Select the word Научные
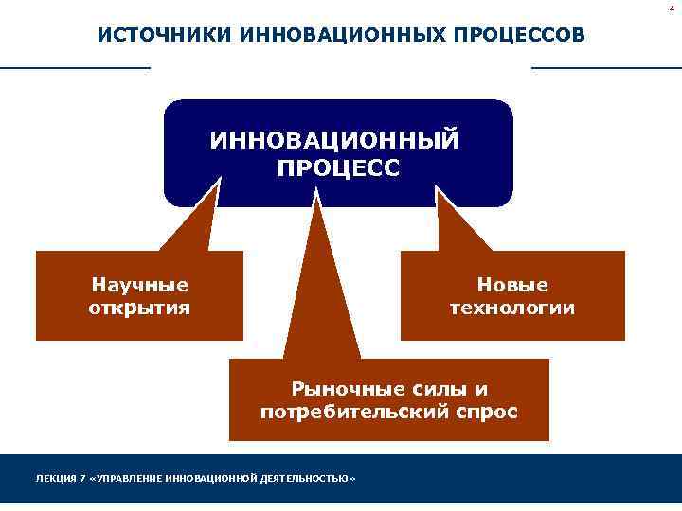139,284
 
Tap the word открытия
139,308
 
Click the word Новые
512,284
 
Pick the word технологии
512,308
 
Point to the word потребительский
353,413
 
